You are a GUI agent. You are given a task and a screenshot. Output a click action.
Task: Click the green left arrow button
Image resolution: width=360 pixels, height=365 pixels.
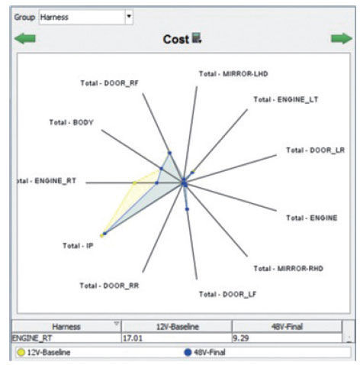click(x=25, y=39)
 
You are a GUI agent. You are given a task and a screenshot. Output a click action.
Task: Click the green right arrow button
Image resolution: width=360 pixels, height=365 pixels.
click(x=342, y=38)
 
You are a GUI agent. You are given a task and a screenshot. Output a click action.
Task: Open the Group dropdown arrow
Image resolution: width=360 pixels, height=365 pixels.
click(x=129, y=17)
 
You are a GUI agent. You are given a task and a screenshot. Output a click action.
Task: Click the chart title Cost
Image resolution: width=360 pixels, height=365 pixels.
click(x=176, y=40)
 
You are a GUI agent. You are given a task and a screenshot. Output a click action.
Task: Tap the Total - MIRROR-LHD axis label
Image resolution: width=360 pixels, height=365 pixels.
click(x=233, y=74)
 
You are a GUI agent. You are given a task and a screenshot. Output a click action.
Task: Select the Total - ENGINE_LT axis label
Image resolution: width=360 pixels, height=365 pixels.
click(x=286, y=99)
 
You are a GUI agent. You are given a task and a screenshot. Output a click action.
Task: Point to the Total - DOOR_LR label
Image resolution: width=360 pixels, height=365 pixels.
click(x=316, y=150)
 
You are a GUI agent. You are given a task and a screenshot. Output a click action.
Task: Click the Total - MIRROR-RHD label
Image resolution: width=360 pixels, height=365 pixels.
click(x=288, y=269)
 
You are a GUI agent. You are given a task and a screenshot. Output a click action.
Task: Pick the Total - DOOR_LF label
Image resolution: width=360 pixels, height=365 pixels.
click(x=227, y=294)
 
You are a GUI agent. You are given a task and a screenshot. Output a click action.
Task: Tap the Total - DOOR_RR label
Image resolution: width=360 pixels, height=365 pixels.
click(x=109, y=286)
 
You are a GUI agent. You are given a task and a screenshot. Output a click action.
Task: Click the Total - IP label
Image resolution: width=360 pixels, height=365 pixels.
click(x=78, y=246)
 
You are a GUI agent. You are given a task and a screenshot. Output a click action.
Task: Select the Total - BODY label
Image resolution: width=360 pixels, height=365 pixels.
click(x=72, y=122)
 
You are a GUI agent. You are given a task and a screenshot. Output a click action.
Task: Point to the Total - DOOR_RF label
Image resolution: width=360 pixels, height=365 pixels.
click(x=110, y=83)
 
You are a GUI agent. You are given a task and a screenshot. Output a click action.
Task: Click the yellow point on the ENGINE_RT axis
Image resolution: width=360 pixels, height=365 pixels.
click(x=134, y=182)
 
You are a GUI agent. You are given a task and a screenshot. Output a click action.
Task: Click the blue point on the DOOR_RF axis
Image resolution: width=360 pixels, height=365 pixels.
click(x=170, y=153)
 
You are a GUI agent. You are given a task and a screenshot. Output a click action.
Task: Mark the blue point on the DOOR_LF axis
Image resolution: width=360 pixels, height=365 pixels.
click(x=187, y=209)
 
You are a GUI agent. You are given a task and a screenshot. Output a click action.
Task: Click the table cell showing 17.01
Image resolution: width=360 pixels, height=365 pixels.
click(x=177, y=338)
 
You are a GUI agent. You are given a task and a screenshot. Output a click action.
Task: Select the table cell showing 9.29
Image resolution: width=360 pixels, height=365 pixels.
click(x=287, y=338)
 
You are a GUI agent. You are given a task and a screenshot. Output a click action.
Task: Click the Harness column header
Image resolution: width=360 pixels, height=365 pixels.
click(x=66, y=327)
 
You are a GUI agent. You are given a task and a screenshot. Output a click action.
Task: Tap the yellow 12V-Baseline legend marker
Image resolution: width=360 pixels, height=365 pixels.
click(x=21, y=353)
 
